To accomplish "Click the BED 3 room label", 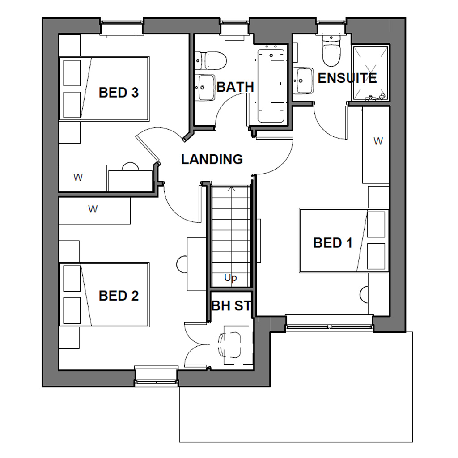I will (119, 93).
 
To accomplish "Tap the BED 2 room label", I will (119, 296).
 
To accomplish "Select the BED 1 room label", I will (333, 243).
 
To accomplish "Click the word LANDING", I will (212, 159).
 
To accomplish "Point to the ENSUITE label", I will (347, 78).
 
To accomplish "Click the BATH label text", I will (235, 87).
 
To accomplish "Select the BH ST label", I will (231, 306).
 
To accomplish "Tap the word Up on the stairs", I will (230, 278).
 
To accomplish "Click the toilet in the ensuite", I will (331, 51).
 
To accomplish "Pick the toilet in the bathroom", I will (212, 60).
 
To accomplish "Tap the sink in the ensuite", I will (304, 81).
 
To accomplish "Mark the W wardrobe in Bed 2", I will (94, 209).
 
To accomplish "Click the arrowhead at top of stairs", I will (231, 189).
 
